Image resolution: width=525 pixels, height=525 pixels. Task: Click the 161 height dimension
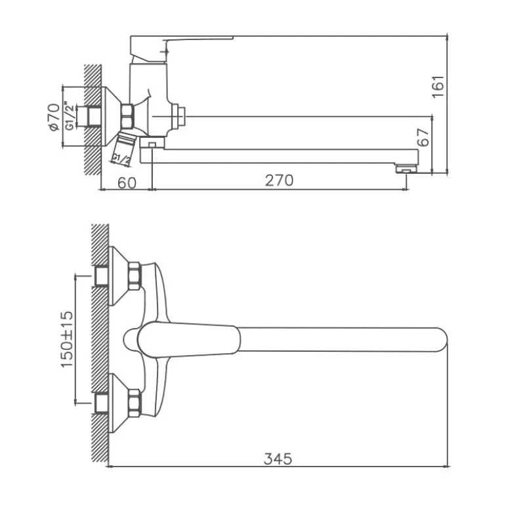coord(439,86)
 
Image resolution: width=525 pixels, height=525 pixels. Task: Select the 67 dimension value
coord(424,137)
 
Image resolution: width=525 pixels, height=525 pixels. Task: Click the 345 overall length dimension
coord(278,457)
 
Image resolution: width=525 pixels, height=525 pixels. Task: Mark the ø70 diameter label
coord(54,117)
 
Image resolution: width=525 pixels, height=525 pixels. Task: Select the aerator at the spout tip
coord(407,169)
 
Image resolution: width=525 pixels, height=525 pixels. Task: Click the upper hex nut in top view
coord(135,276)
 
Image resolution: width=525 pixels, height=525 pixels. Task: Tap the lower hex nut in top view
coord(135,403)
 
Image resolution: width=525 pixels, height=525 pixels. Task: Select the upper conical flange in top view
coord(118,276)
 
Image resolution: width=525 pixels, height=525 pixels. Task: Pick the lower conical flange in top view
coord(118,403)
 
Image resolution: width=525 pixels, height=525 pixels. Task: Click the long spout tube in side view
coord(282,156)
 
